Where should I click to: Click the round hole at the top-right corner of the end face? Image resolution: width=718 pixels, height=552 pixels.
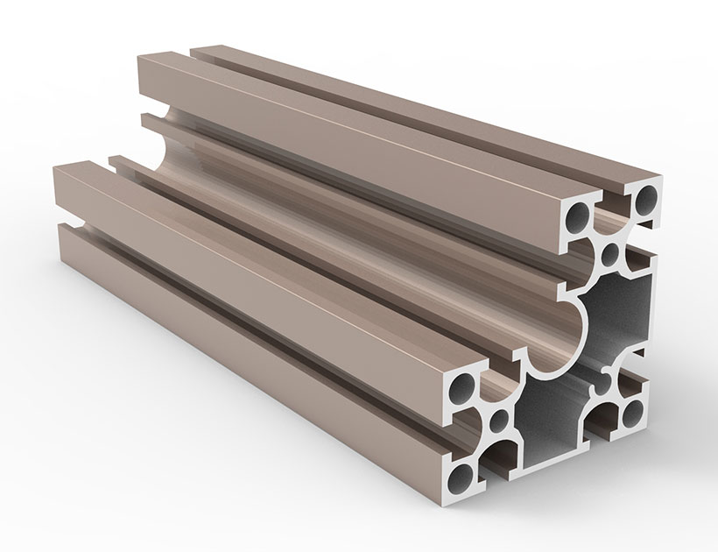coord(646,198)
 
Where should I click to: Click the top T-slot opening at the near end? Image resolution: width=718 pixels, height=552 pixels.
coord(614,201)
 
